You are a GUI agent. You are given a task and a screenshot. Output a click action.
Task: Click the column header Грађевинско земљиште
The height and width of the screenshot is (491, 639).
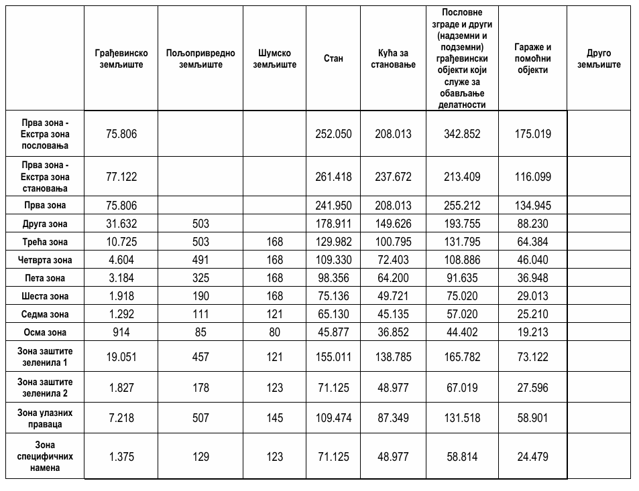[x=121, y=59]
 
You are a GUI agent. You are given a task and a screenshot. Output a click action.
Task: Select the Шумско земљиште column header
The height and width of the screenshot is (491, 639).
[x=274, y=59]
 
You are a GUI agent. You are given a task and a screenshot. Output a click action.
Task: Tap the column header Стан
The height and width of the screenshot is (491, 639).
[x=333, y=59]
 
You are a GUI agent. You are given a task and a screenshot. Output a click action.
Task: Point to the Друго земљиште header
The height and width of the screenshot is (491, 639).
[x=599, y=59]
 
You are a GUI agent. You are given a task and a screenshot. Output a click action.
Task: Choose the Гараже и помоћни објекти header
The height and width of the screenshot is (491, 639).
[x=533, y=59]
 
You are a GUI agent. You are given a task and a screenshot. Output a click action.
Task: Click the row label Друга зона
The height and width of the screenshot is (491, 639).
[x=45, y=224]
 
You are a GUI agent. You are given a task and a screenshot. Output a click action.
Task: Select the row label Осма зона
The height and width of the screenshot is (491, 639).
[x=45, y=332]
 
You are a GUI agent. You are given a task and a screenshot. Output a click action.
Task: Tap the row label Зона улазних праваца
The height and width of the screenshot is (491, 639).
[x=45, y=418]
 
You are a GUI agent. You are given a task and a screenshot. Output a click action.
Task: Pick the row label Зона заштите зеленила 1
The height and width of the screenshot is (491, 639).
[x=45, y=357]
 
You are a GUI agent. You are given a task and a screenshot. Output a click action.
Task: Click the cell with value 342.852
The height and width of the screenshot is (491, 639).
[x=462, y=134]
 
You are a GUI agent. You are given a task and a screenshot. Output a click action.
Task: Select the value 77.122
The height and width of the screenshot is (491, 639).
[x=121, y=178]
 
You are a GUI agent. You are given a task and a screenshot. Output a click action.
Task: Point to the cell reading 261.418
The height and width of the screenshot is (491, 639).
[x=333, y=178]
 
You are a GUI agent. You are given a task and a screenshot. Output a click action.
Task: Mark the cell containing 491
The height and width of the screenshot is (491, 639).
[x=200, y=260]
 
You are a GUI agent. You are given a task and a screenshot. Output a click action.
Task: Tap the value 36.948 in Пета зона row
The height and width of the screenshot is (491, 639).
[x=533, y=278]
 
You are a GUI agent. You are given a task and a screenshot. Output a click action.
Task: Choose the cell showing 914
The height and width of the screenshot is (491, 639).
[x=121, y=332]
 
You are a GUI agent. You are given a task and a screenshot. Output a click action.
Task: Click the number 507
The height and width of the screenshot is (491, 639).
[x=200, y=418]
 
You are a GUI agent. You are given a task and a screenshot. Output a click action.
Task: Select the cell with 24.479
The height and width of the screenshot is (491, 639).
[x=533, y=457]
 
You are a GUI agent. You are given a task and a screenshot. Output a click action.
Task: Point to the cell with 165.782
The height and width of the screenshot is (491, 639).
[x=462, y=357]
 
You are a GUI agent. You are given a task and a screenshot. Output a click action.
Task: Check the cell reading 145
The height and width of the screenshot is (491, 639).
[x=274, y=418]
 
